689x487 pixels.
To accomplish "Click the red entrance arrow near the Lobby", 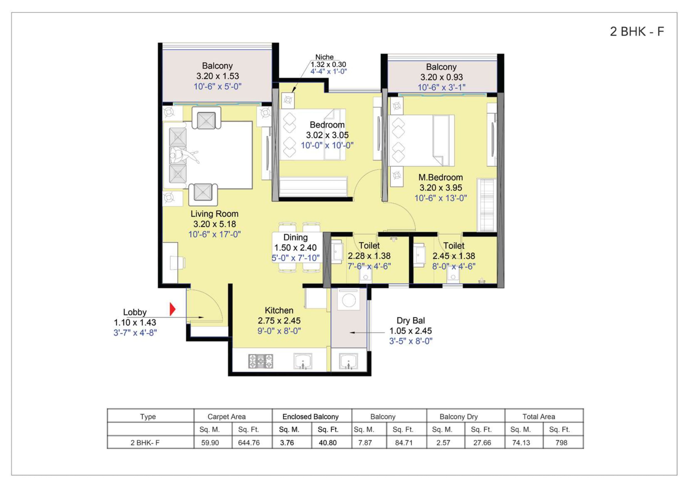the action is pyautogui.click(x=172, y=309).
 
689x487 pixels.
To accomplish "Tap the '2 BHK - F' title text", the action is pyautogui.click(x=637, y=31).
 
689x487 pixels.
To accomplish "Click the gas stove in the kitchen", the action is pyautogui.click(x=260, y=361).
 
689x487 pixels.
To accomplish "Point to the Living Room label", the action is pyautogui.click(x=215, y=214).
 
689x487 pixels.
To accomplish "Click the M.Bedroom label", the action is pyautogui.click(x=440, y=177).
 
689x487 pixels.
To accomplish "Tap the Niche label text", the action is pyautogui.click(x=324, y=57).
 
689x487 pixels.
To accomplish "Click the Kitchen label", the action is pyautogui.click(x=279, y=310).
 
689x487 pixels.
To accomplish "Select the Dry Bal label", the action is pyautogui.click(x=410, y=320).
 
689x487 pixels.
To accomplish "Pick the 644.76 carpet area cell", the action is pyautogui.click(x=249, y=443).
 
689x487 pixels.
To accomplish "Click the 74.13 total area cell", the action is pyautogui.click(x=521, y=443).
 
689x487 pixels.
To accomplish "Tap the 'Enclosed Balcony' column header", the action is pyautogui.click(x=310, y=416).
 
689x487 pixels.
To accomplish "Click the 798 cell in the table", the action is pyautogui.click(x=561, y=443).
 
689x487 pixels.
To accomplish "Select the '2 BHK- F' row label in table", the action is pyautogui.click(x=145, y=443).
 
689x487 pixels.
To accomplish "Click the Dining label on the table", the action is pyautogui.click(x=295, y=237).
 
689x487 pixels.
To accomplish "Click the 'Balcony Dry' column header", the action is pyautogui.click(x=459, y=416).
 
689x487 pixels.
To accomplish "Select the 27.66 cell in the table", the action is pyautogui.click(x=482, y=443).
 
